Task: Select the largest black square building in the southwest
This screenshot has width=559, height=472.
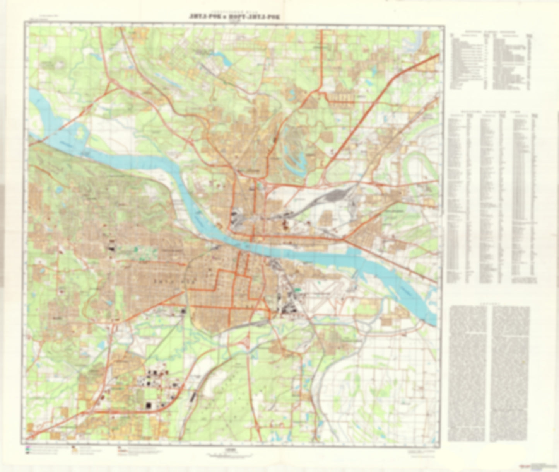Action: pos(148,406)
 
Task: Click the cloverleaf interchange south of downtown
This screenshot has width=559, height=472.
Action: pos(246,342)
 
